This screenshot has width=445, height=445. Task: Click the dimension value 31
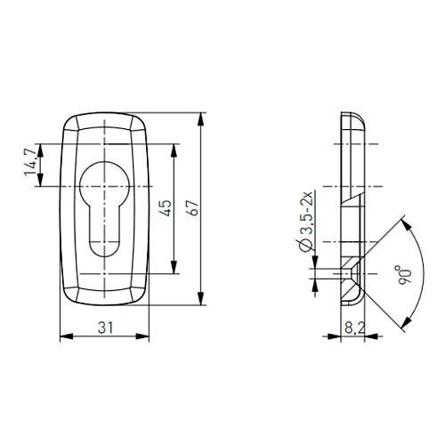[106, 328]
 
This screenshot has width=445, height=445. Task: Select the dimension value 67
[193, 208]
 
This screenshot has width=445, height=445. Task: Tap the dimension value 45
[166, 208]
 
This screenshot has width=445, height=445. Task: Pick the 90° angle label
[405, 276]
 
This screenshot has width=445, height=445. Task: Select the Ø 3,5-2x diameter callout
[306, 222]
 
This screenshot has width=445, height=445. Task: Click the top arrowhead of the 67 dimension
[201, 119]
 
